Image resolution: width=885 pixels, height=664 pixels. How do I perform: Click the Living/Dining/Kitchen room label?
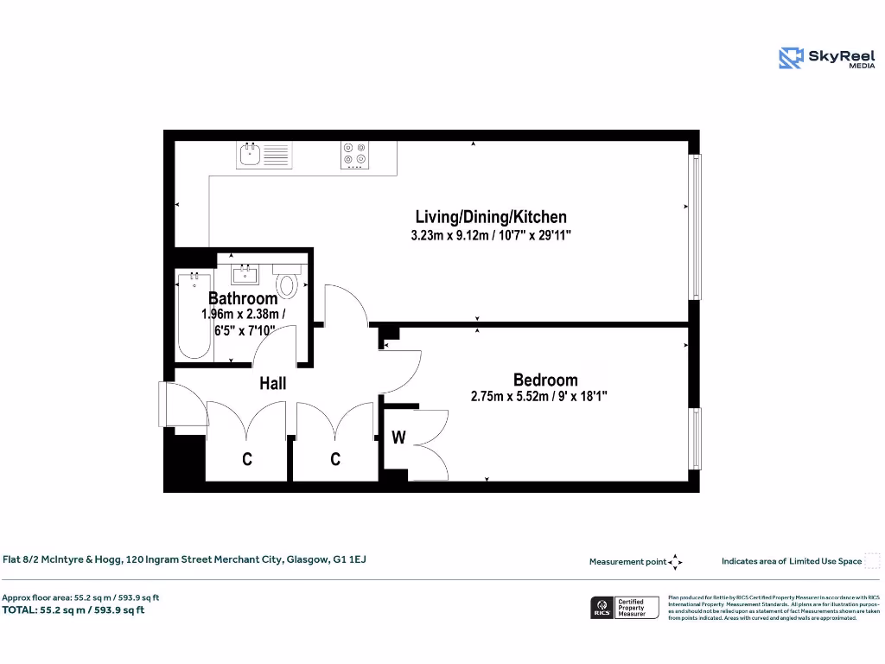[x=491, y=217]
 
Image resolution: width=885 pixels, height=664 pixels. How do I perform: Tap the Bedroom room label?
[x=545, y=380]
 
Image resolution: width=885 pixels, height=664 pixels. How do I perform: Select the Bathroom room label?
[x=243, y=298]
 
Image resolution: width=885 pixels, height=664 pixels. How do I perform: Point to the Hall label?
[x=273, y=383]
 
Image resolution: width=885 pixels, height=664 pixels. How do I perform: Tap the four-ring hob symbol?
[x=354, y=155]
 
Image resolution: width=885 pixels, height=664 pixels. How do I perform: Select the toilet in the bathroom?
[x=287, y=281]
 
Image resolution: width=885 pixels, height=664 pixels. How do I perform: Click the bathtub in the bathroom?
[x=194, y=316]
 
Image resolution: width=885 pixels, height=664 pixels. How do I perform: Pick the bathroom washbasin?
[x=245, y=274]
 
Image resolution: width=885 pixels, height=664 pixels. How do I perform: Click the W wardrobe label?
[x=398, y=437]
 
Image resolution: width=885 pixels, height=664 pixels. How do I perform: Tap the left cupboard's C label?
[x=247, y=460]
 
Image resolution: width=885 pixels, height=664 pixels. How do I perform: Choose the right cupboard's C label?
[x=336, y=460]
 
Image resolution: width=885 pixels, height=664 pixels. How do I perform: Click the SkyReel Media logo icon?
[x=791, y=58]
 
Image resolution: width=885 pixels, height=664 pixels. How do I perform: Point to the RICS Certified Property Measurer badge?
[x=624, y=608]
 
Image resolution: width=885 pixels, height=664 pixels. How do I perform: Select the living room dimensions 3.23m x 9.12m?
[x=491, y=235]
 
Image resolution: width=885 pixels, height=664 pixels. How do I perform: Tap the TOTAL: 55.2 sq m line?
[x=73, y=610]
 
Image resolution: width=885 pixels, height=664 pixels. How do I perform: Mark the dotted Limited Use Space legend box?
[x=872, y=561]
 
